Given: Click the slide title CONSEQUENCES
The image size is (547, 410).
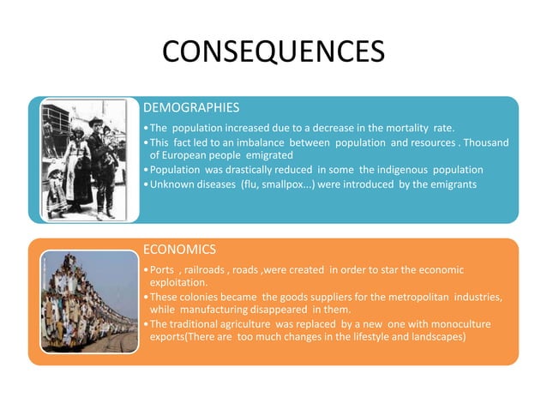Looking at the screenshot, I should [273, 52].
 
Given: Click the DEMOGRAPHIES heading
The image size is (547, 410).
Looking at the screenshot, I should [191, 108].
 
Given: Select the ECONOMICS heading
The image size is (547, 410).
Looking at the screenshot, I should [179, 250].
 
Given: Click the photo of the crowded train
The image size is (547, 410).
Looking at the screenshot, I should [89, 301].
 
